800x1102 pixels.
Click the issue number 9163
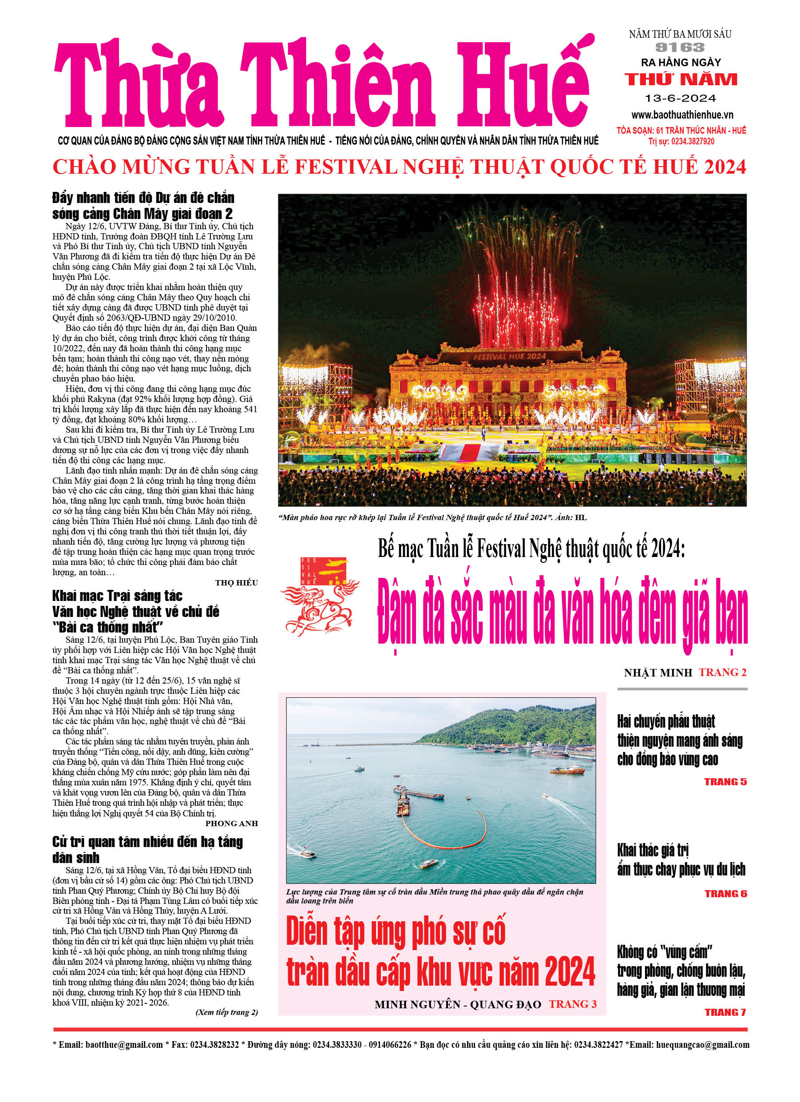click(680, 48)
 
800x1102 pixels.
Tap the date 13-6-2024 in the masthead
click(680, 98)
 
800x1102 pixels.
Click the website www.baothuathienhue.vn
click(682, 115)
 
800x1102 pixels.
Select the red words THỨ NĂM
click(681, 79)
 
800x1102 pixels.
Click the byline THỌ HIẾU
click(236, 583)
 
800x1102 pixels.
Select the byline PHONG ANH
click(231, 823)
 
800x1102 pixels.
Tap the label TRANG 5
click(725, 782)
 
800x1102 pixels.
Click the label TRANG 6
click(726, 894)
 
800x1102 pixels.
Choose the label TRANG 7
click(725, 1012)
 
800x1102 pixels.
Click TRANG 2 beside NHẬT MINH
click(722, 672)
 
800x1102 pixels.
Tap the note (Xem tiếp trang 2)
click(226, 1012)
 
